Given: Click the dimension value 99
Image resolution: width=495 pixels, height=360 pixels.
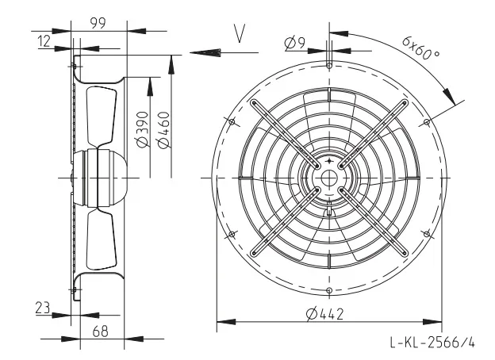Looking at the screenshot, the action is click(x=98, y=23).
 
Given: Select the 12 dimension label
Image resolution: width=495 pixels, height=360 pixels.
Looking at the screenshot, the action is click(x=44, y=41).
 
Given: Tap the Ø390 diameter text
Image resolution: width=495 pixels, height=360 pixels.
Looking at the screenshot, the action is click(x=143, y=129).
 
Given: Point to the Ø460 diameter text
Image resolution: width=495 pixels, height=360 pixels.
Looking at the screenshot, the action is click(x=163, y=130).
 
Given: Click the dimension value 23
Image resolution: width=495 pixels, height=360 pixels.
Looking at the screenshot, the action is click(x=43, y=308).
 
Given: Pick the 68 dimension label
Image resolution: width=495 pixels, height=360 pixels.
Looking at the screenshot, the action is click(x=101, y=331).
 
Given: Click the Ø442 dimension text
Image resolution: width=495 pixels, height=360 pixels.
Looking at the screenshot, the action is click(x=325, y=314).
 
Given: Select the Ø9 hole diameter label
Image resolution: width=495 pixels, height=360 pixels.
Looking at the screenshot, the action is click(x=295, y=44).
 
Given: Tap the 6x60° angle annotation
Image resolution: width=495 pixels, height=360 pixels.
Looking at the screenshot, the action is click(x=420, y=48).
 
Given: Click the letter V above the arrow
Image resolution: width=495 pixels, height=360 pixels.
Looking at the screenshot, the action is click(x=240, y=33).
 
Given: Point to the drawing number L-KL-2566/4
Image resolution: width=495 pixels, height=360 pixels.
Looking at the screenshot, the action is click(x=432, y=342).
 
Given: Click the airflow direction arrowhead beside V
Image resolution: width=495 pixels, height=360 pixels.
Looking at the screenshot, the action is click(x=205, y=52).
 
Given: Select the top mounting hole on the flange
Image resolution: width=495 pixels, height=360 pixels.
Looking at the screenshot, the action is click(x=329, y=66).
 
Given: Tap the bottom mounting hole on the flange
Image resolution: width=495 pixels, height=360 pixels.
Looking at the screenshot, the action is click(x=329, y=290).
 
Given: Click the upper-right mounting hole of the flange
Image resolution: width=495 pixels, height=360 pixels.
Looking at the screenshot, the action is click(x=427, y=122).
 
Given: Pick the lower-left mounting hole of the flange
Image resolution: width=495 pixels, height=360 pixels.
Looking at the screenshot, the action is click(x=232, y=234).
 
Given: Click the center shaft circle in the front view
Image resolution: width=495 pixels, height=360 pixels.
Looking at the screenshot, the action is click(x=329, y=178).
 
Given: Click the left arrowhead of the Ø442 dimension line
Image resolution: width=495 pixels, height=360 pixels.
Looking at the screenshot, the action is click(x=226, y=322).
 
